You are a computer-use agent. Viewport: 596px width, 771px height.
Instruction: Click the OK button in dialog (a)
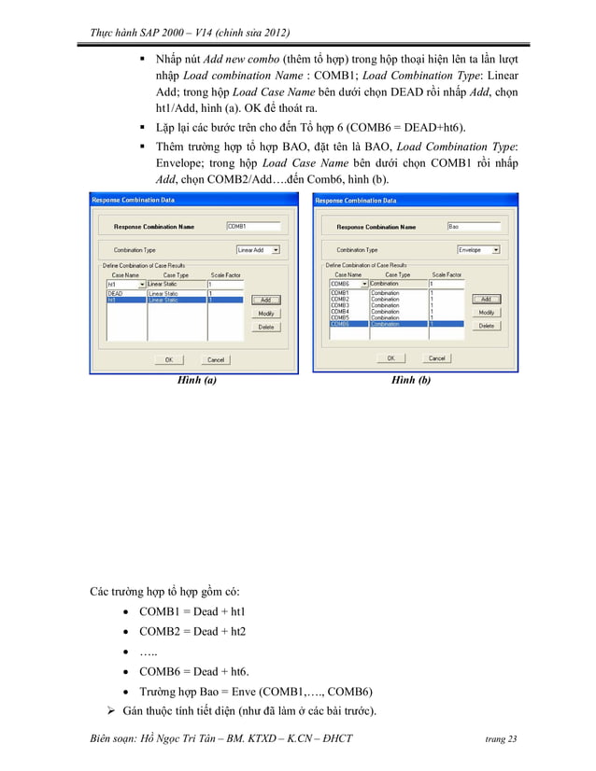tap(168, 359)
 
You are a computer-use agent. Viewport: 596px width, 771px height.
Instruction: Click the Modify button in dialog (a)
tap(265, 314)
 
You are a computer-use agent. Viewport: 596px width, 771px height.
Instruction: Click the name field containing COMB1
tap(253, 226)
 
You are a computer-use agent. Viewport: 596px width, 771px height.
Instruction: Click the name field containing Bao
tap(473, 226)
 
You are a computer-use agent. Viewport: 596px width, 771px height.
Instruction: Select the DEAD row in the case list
tap(116, 293)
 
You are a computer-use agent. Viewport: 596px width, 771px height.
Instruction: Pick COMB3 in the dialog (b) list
tap(340, 305)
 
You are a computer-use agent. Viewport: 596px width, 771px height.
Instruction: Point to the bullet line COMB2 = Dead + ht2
tap(192, 631)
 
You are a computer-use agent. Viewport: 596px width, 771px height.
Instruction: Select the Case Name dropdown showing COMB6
tap(348, 284)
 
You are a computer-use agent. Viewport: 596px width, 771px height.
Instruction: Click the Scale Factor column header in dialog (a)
tap(225, 275)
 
